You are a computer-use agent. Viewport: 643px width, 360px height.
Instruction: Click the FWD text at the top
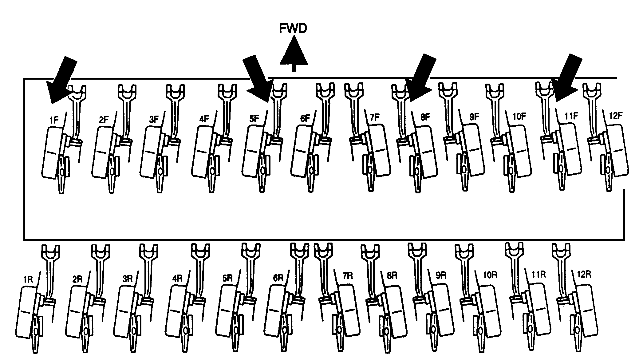pos(293,29)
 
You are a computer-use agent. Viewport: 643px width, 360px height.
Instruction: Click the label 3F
pos(154,119)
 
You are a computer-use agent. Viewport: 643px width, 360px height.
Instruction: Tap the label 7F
pos(375,117)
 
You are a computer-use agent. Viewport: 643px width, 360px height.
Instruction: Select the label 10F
pos(519,117)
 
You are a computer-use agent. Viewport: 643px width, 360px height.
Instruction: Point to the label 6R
pos(278,278)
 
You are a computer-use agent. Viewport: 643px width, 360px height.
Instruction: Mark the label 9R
pos(441,275)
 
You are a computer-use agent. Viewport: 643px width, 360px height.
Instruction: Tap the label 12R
pos(584,274)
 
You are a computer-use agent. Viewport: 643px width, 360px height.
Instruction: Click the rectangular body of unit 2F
pos(102,152)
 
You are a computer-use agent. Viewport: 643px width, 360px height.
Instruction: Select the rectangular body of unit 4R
pos(176,311)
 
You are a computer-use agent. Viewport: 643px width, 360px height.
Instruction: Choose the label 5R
pos(227,278)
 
